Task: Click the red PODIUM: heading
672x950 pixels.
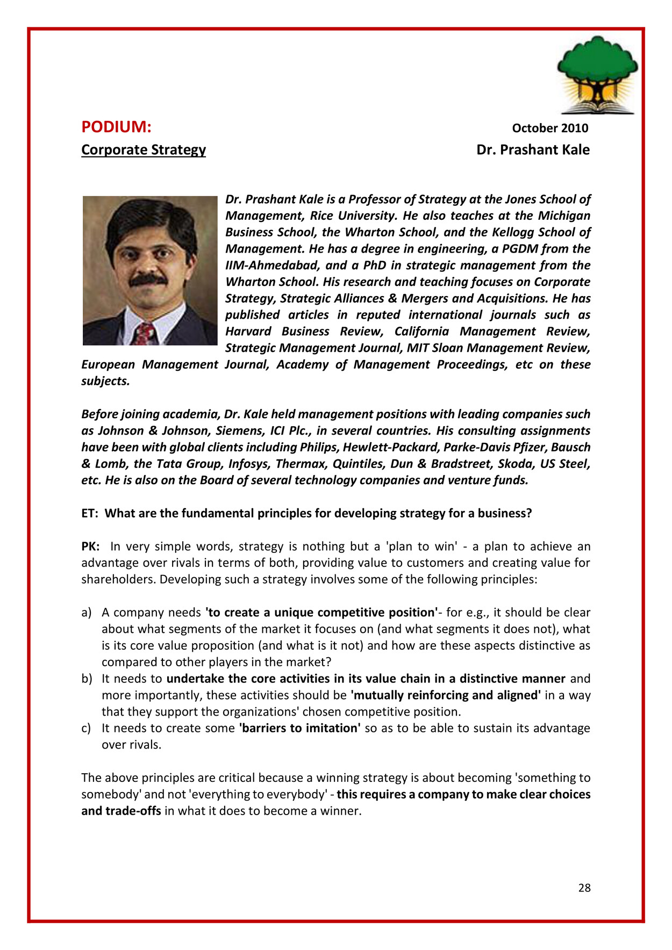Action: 116,127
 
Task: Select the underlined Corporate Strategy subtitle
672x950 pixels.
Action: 144,149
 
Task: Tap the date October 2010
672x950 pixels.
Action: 549,128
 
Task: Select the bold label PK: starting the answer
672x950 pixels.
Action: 90,546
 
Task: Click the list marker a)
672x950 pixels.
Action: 87,613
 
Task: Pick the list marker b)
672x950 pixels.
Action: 87,679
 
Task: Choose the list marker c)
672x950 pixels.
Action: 86,728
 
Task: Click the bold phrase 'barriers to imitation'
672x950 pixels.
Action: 299,728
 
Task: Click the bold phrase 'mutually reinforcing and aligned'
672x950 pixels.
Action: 445,695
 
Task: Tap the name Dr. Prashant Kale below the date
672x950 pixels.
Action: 533,149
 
